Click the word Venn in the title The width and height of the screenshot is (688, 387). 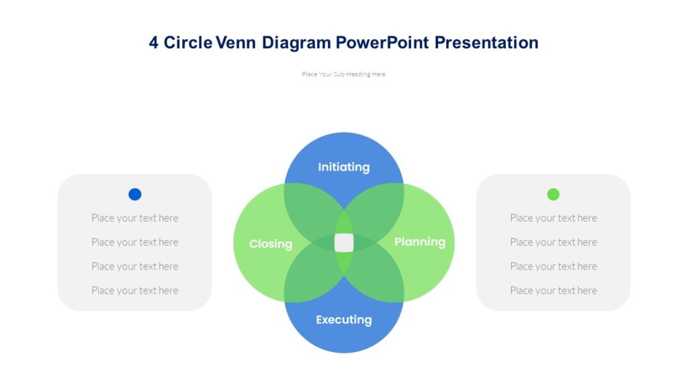(x=236, y=43)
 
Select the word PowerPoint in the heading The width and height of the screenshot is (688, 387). (x=382, y=43)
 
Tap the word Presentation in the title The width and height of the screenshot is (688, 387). (x=486, y=43)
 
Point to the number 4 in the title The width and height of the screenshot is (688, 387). (x=154, y=43)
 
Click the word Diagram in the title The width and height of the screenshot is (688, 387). (x=296, y=43)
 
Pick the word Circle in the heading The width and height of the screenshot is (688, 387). (x=188, y=43)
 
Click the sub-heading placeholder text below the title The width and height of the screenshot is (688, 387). (x=343, y=75)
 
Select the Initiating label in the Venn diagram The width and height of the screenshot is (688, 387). (x=343, y=167)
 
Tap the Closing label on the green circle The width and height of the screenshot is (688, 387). (x=270, y=244)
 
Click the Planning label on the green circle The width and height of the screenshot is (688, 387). (x=419, y=242)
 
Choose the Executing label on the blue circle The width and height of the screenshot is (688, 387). (x=343, y=320)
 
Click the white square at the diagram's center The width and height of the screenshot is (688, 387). (x=344, y=243)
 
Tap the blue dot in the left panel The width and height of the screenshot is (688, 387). (x=135, y=194)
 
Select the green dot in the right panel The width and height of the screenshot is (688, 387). (x=553, y=194)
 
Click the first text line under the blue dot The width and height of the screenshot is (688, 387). (x=135, y=218)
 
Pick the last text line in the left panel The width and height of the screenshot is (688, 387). (x=135, y=290)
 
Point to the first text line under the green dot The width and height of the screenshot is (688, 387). (x=553, y=218)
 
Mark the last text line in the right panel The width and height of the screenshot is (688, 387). (x=553, y=290)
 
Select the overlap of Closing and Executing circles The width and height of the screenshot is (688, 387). (x=310, y=278)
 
